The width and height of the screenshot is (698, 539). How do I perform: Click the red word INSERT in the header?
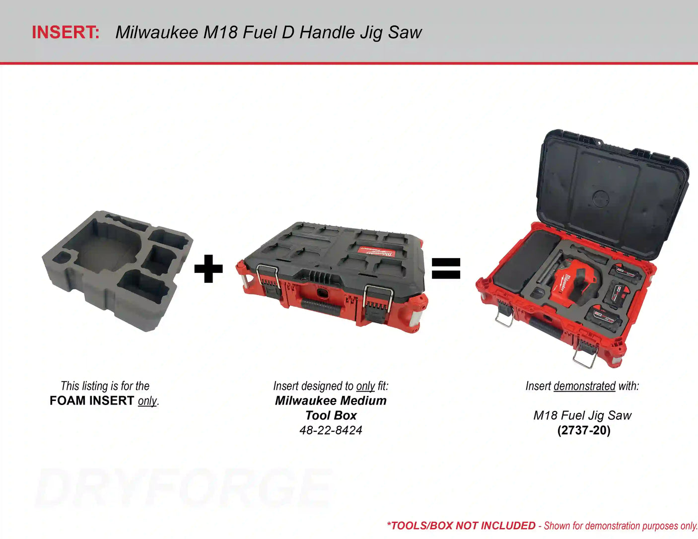pyautogui.click(x=66, y=32)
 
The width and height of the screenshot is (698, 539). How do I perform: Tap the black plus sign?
pyautogui.click(x=209, y=269)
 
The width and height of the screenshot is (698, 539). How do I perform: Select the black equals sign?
pyautogui.click(x=446, y=269)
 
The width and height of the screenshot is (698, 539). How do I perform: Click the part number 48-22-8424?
pyautogui.click(x=331, y=430)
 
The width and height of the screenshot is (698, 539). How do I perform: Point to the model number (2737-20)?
pyautogui.click(x=584, y=430)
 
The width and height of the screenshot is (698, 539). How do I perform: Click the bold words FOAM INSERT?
pyautogui.click(x=91, y=401)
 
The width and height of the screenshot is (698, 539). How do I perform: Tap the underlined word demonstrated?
pyautogui.click(x=585, y=386)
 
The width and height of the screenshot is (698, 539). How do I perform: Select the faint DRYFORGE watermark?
pyautogui.click(x=183, y=488)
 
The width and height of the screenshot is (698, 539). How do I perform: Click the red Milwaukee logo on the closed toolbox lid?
pyautogui.click(x=376, y=251)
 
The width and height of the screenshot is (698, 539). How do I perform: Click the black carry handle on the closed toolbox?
pyautogui.click(x=321, y=307)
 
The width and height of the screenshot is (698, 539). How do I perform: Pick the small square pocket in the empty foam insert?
pyautogui.click(x=62, y=258)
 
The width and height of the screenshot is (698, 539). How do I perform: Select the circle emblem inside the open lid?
pyautogui.click(x=601, y=199)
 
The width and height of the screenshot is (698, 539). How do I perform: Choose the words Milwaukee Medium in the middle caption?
pyautogui.click(x=331, y=401)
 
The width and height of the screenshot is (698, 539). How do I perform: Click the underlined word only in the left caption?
pyautogui.click(x=147, y=402)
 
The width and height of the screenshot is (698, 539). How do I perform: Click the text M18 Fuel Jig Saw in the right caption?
pyautogui.click(x=582, y=415)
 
